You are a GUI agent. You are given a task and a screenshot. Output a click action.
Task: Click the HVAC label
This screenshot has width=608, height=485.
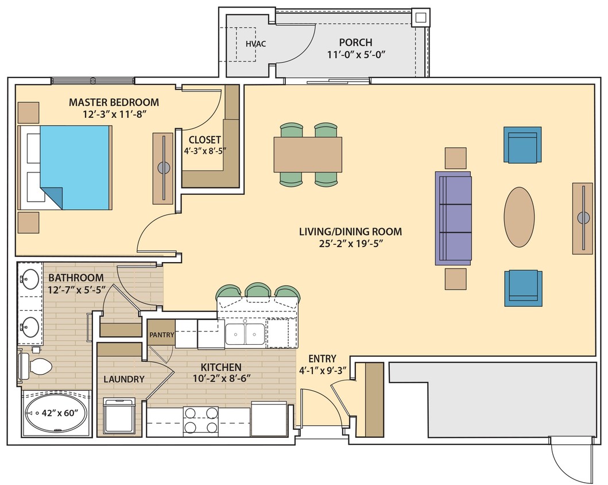[x=255, y=44]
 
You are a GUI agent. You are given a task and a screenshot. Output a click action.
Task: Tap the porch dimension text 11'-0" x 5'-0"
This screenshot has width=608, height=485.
[x=355, y=55]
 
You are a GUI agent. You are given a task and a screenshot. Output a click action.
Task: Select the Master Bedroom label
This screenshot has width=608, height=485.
[x=114, y=102]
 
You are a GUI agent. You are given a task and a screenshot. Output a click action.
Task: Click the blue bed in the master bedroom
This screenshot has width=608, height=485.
[x=75, y=167]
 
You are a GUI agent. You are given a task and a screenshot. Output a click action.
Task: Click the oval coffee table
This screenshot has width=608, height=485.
[x=519, y=217]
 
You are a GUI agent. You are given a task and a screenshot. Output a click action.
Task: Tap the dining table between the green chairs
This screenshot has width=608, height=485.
[x=308, y=154]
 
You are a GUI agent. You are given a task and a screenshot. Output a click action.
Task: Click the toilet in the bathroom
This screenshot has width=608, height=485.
[x=34, y=366]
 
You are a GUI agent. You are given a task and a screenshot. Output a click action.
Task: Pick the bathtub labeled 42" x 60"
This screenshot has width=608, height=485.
[x=56, y=413]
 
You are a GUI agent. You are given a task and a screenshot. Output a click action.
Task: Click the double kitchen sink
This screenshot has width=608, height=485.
[x=245, y=334]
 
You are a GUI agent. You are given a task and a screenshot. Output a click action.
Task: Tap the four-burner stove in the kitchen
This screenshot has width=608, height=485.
[x=200, y=420]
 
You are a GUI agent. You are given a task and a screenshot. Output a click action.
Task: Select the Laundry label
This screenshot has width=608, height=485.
[x=123, y=379]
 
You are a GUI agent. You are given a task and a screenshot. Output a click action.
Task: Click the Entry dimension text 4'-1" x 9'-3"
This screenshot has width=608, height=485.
[x=323, y=371]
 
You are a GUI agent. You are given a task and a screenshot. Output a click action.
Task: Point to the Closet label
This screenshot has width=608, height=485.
[x=205, y=140]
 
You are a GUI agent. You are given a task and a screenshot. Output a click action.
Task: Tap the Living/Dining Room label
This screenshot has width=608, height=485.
[x=350, y=232]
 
